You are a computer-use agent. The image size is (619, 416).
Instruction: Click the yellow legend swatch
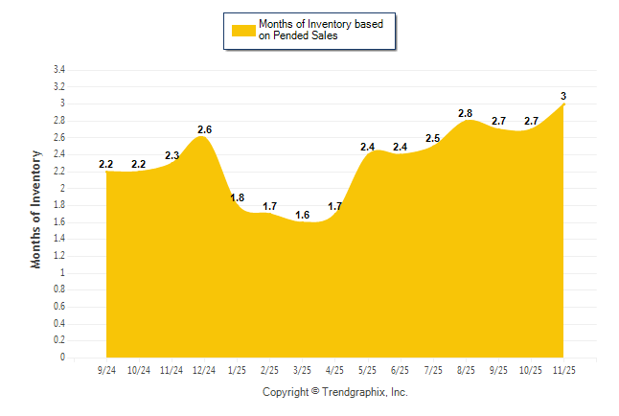(243, 30)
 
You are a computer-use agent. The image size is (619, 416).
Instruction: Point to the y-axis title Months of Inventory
(36, 209)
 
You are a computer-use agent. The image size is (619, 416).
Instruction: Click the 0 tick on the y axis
(62, 358)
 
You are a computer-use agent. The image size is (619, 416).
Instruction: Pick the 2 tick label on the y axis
(62, 188)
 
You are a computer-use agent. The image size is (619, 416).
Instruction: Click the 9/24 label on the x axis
(106, 369)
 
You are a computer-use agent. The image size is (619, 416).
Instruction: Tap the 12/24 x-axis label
(204, 369)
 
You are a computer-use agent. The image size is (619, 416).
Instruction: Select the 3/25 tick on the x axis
(302, 369)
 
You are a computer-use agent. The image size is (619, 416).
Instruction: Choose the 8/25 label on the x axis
(465, 369)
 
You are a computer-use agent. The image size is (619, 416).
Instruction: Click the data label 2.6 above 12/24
(204, 129)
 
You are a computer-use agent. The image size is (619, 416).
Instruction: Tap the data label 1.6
(302, 215)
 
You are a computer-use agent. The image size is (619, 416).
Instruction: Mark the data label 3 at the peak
(563, 96)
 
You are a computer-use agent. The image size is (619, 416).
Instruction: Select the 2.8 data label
(466, 113)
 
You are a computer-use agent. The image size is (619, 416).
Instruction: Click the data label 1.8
(238, 197)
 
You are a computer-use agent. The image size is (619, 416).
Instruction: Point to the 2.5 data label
(432, 138)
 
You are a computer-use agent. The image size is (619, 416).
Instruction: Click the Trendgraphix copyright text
(334, 392)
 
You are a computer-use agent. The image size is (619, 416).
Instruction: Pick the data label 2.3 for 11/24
(172, 155)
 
